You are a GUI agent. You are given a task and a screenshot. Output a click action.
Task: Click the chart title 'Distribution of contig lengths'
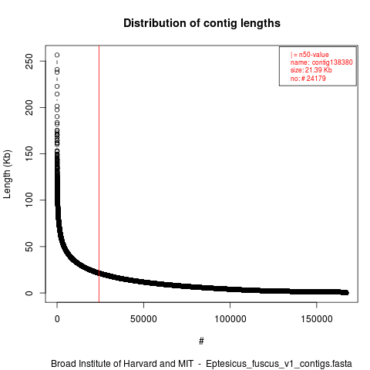pos(202,23)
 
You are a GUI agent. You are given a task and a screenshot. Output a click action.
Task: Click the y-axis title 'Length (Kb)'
pos(7,174)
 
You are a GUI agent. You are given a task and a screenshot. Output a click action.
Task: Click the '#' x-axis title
pos(201,341)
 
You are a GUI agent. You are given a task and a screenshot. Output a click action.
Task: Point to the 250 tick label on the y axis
pos(29,61)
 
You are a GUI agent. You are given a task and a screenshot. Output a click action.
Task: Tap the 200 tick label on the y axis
pos(29,107)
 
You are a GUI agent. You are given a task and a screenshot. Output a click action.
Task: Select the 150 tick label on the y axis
pos(29,153)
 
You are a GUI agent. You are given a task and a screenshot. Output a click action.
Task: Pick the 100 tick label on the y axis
pos(29,200)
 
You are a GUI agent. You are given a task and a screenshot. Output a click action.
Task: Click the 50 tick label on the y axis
pos(29,247)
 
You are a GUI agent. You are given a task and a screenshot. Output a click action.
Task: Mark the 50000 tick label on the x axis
pos(143,319)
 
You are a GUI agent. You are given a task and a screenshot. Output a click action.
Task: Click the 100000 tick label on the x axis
pos(230,319)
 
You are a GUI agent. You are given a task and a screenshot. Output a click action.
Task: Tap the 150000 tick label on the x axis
pos(317,319)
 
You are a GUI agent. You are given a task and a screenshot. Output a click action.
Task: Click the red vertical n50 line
pos(99,174)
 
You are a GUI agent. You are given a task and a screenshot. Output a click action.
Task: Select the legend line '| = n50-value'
pos(310,55)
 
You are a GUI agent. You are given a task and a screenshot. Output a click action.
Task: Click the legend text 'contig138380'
pos(332,62)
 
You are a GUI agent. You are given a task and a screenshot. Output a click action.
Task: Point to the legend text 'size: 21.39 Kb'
pos(311,70)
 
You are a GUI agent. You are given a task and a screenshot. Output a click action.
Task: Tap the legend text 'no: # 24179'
pos(308,78)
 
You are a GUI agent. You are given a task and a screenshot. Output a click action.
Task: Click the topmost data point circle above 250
pos(57,55)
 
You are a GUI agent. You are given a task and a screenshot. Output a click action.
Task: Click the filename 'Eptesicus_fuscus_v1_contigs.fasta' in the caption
pos(279,364)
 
